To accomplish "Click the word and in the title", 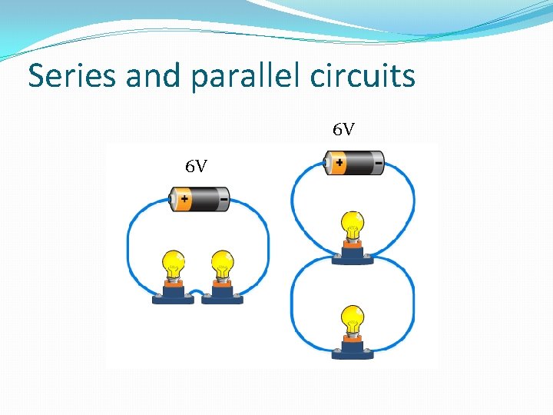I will [152, 75].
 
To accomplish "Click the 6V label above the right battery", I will [343, 129].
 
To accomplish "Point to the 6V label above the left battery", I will [196, 166].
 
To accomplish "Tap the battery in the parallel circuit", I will [354, 163].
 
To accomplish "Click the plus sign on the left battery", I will [185, 200].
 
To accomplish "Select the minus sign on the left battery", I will [223, 199].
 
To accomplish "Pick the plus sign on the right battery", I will [340, 163].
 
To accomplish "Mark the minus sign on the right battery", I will [378, 163].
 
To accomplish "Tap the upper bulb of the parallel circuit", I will [353, 224].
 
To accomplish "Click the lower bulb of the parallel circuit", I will [353, 318].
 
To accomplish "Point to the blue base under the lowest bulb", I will [353, 352].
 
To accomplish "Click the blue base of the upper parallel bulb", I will [353, 257].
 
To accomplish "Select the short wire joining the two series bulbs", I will [197, 292].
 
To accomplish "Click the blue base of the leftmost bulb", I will [173, 297].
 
